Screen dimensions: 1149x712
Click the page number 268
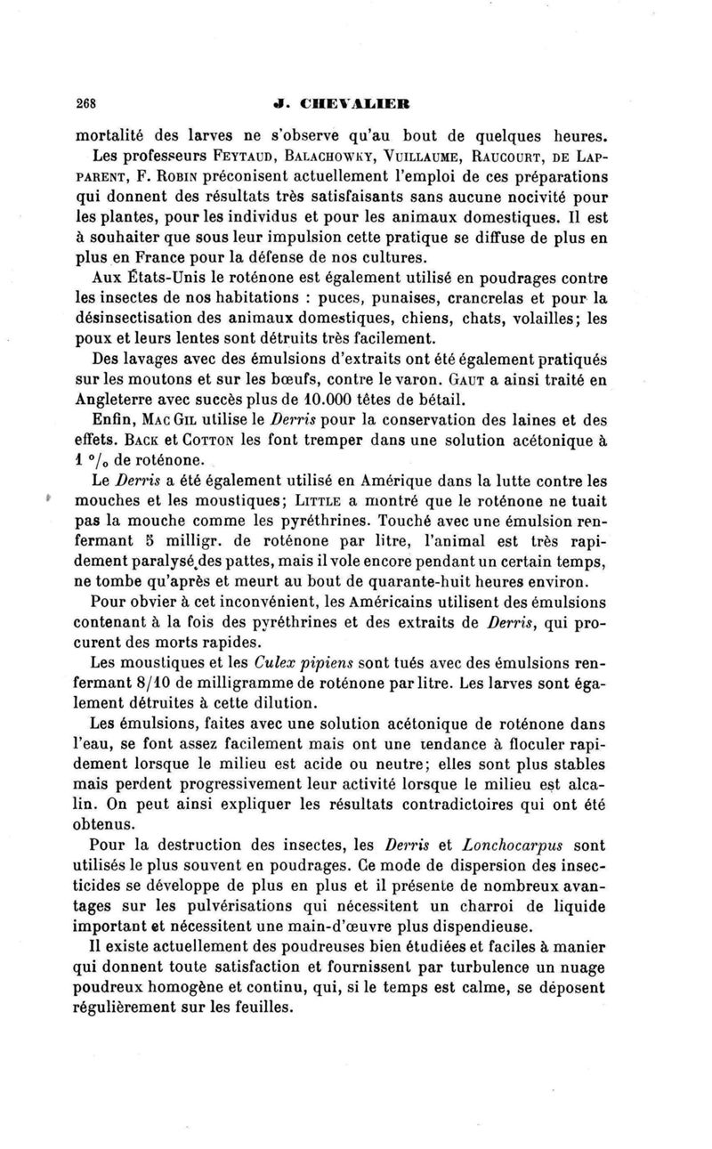pos(87,100)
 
